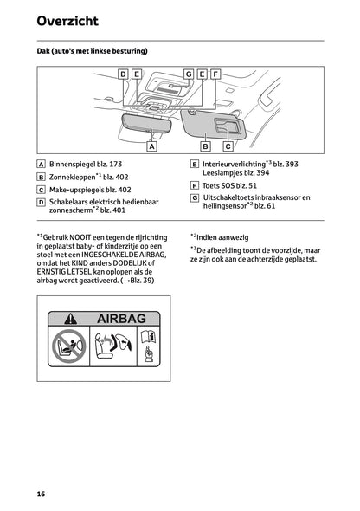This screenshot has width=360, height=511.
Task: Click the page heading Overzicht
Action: point(67,21)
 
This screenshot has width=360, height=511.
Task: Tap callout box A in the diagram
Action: point(151,146)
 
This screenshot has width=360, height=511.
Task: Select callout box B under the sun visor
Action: point(205,146)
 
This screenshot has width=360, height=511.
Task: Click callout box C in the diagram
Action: point(228,146)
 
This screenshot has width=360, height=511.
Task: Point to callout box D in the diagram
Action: point(123,74)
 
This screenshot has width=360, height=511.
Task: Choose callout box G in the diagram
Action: point(189,74)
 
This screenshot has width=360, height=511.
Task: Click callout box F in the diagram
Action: point(215,74)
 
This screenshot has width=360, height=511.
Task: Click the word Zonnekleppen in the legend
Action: point(73,178)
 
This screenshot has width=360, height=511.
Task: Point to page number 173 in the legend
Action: point(116,165)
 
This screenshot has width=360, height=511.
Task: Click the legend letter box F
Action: point(195,185)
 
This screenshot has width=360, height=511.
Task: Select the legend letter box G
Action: point(195,197)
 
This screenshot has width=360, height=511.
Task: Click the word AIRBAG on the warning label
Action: point(121,319)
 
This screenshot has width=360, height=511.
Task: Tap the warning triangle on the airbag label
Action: point(71,319)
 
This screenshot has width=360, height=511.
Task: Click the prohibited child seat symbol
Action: point(68,346)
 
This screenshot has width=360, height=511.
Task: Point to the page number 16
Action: point(41,494)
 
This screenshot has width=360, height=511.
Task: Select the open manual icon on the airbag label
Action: point(149,336)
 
